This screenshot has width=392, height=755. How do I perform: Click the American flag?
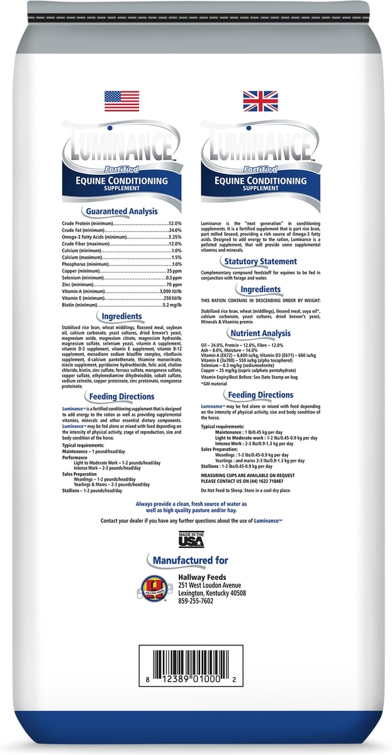(x=121, y=101)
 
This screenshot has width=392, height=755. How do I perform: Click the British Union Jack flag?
(x=261, y=101)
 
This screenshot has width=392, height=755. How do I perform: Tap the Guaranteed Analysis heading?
(x=121, y=211)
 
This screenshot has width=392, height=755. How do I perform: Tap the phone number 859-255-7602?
(x=196, y=601)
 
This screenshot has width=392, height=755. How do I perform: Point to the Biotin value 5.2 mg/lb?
(x=172, y=305)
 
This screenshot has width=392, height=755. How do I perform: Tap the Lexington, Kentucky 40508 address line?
(x=211, y=593)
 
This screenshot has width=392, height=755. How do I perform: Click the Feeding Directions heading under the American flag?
(x=121, y=396)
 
